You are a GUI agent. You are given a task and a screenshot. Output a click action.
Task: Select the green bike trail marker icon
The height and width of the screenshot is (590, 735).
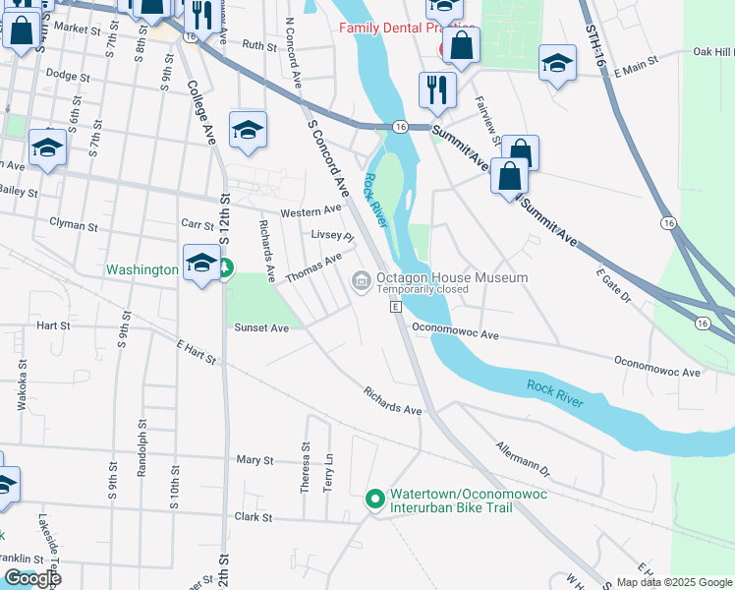pyautogui.click(x=373, y=501)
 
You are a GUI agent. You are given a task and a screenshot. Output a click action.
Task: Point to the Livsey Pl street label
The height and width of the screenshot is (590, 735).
pyautogui.click(x=331, y=236)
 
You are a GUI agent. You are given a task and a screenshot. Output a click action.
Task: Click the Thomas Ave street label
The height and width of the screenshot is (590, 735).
pyautogui.click(x=313, y=268)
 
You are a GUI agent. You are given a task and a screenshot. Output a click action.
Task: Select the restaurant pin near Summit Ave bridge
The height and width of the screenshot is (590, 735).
pyautogui.click(x=437, y=91)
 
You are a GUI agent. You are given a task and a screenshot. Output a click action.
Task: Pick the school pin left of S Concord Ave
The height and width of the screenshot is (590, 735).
pyautogui.click(x=248, y=131)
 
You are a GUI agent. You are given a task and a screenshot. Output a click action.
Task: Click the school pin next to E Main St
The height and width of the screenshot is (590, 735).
pyautogui.click(x=557, y=65)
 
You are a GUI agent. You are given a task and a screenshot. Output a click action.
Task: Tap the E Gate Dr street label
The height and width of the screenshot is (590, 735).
pyautogui.click(x=613, y=283)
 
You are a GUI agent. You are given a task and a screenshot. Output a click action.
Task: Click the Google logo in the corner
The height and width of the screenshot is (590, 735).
pyautogui.click(x=31, y=578)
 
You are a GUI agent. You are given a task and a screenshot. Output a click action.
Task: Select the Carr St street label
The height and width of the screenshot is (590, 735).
pyautogui.click(x=197, y=224)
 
